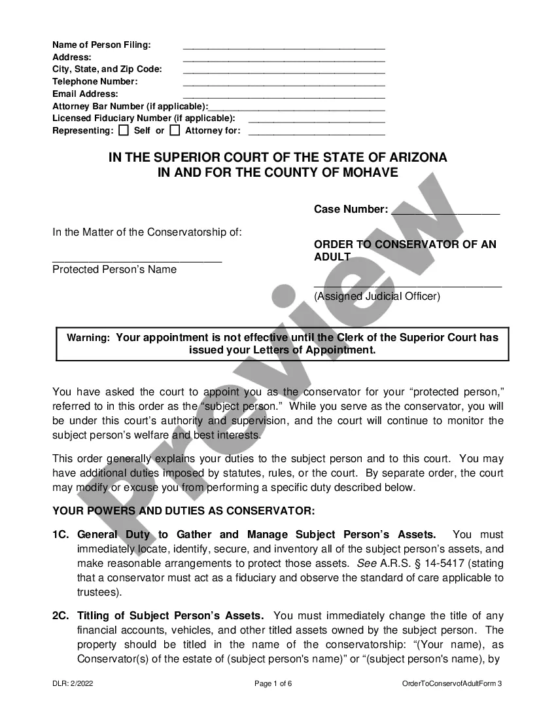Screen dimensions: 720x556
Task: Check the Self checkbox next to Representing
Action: (124, 130)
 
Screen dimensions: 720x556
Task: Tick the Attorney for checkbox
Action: (175, 130)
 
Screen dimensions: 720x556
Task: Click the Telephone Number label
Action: (95, 82)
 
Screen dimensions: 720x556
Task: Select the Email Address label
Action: (85, 94)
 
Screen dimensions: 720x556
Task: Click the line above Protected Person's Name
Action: (137, 261)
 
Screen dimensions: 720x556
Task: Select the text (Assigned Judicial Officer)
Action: (377, 296)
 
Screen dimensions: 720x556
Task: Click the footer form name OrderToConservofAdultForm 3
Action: (452, 684)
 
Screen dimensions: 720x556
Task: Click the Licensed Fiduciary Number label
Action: (143, 118)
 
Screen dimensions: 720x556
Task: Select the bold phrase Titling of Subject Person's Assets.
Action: (170, 616)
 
